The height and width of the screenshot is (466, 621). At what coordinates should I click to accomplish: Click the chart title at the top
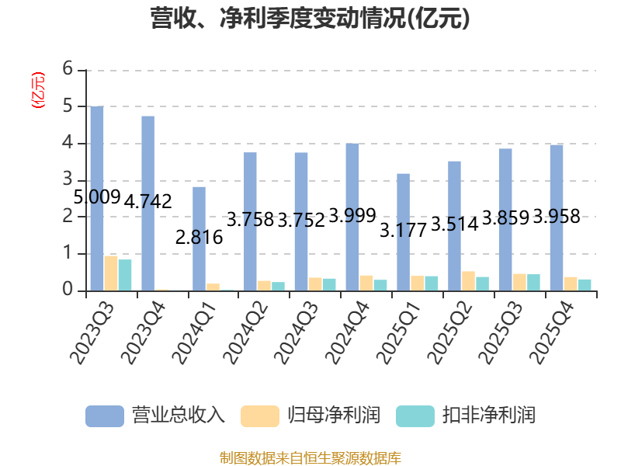(310, 19)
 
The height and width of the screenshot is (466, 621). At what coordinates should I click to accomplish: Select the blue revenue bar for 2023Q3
(97, 199)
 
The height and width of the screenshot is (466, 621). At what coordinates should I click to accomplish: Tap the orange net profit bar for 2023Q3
(111, 273)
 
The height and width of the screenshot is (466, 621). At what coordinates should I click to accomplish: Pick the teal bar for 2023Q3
(125, 276)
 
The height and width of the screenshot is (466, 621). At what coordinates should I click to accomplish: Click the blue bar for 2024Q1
(199, 239)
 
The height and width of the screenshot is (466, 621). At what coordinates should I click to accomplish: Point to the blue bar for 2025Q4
(557, 218)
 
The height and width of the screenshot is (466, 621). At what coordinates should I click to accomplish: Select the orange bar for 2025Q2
(468, 281)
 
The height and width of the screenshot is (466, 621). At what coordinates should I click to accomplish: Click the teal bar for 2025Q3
(533, 283)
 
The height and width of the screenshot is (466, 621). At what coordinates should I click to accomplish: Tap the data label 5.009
(97, 197)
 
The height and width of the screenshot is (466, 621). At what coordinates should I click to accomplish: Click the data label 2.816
(199, 238)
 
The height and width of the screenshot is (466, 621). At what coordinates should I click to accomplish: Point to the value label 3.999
(352, 216)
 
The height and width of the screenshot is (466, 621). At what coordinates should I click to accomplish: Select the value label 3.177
(403, 231)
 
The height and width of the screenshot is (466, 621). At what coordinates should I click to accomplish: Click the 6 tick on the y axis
(68, 69)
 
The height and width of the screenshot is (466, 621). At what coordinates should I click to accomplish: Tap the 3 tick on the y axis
(68, 179)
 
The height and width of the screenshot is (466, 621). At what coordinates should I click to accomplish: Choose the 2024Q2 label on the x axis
(246, 332)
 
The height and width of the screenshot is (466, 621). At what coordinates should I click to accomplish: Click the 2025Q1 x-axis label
(399, 332)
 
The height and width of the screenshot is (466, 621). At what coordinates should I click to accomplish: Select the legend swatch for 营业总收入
(105, 416)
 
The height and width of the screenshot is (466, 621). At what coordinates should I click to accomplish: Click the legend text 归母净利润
(334, 416)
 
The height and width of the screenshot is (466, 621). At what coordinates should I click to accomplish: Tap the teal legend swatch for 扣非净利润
(415, 416)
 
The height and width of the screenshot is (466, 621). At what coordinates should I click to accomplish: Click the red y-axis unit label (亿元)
(38, 90)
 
